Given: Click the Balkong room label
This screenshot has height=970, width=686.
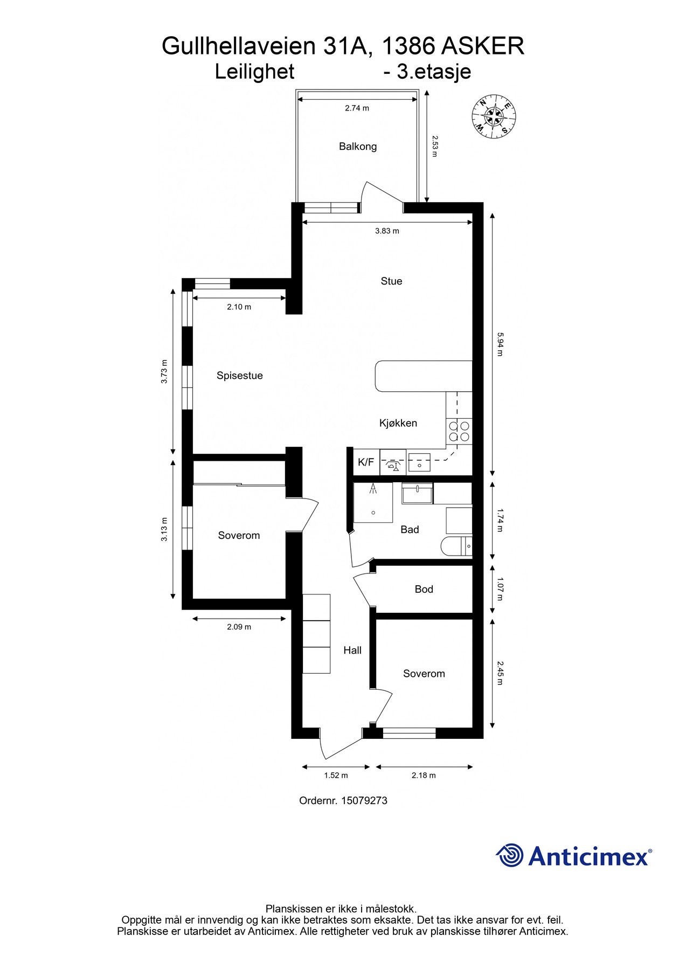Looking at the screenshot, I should click(357, 147).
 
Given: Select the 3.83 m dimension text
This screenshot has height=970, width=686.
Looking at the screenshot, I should click(387, 231).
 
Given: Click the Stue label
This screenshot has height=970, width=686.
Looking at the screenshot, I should click(391, 281).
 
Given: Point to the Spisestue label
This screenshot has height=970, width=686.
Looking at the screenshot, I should click(239, 376).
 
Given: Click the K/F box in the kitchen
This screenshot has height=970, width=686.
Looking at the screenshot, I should click(366, 462).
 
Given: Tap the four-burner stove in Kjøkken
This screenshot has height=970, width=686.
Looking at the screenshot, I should click(459, 431).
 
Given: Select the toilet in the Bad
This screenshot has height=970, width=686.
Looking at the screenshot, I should click(455, 546).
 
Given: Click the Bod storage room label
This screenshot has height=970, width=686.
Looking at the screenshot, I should click(424, 590).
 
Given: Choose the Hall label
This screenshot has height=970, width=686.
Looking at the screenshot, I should click(352, 650).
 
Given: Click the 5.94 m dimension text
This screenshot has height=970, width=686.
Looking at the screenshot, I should click(500, 345).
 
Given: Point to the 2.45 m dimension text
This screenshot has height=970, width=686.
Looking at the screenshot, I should click(500, 673).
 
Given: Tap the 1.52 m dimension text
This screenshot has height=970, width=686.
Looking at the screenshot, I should click(336, 775).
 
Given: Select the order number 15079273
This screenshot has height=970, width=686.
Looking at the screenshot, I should click(364, 801).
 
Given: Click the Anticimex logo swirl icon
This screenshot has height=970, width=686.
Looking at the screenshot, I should click(510, 855).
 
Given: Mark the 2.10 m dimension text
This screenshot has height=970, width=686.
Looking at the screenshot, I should click(239, 307).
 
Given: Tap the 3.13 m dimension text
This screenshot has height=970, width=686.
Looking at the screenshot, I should click(164, 530).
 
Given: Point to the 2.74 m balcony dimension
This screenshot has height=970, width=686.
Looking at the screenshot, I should click(357, 108).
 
